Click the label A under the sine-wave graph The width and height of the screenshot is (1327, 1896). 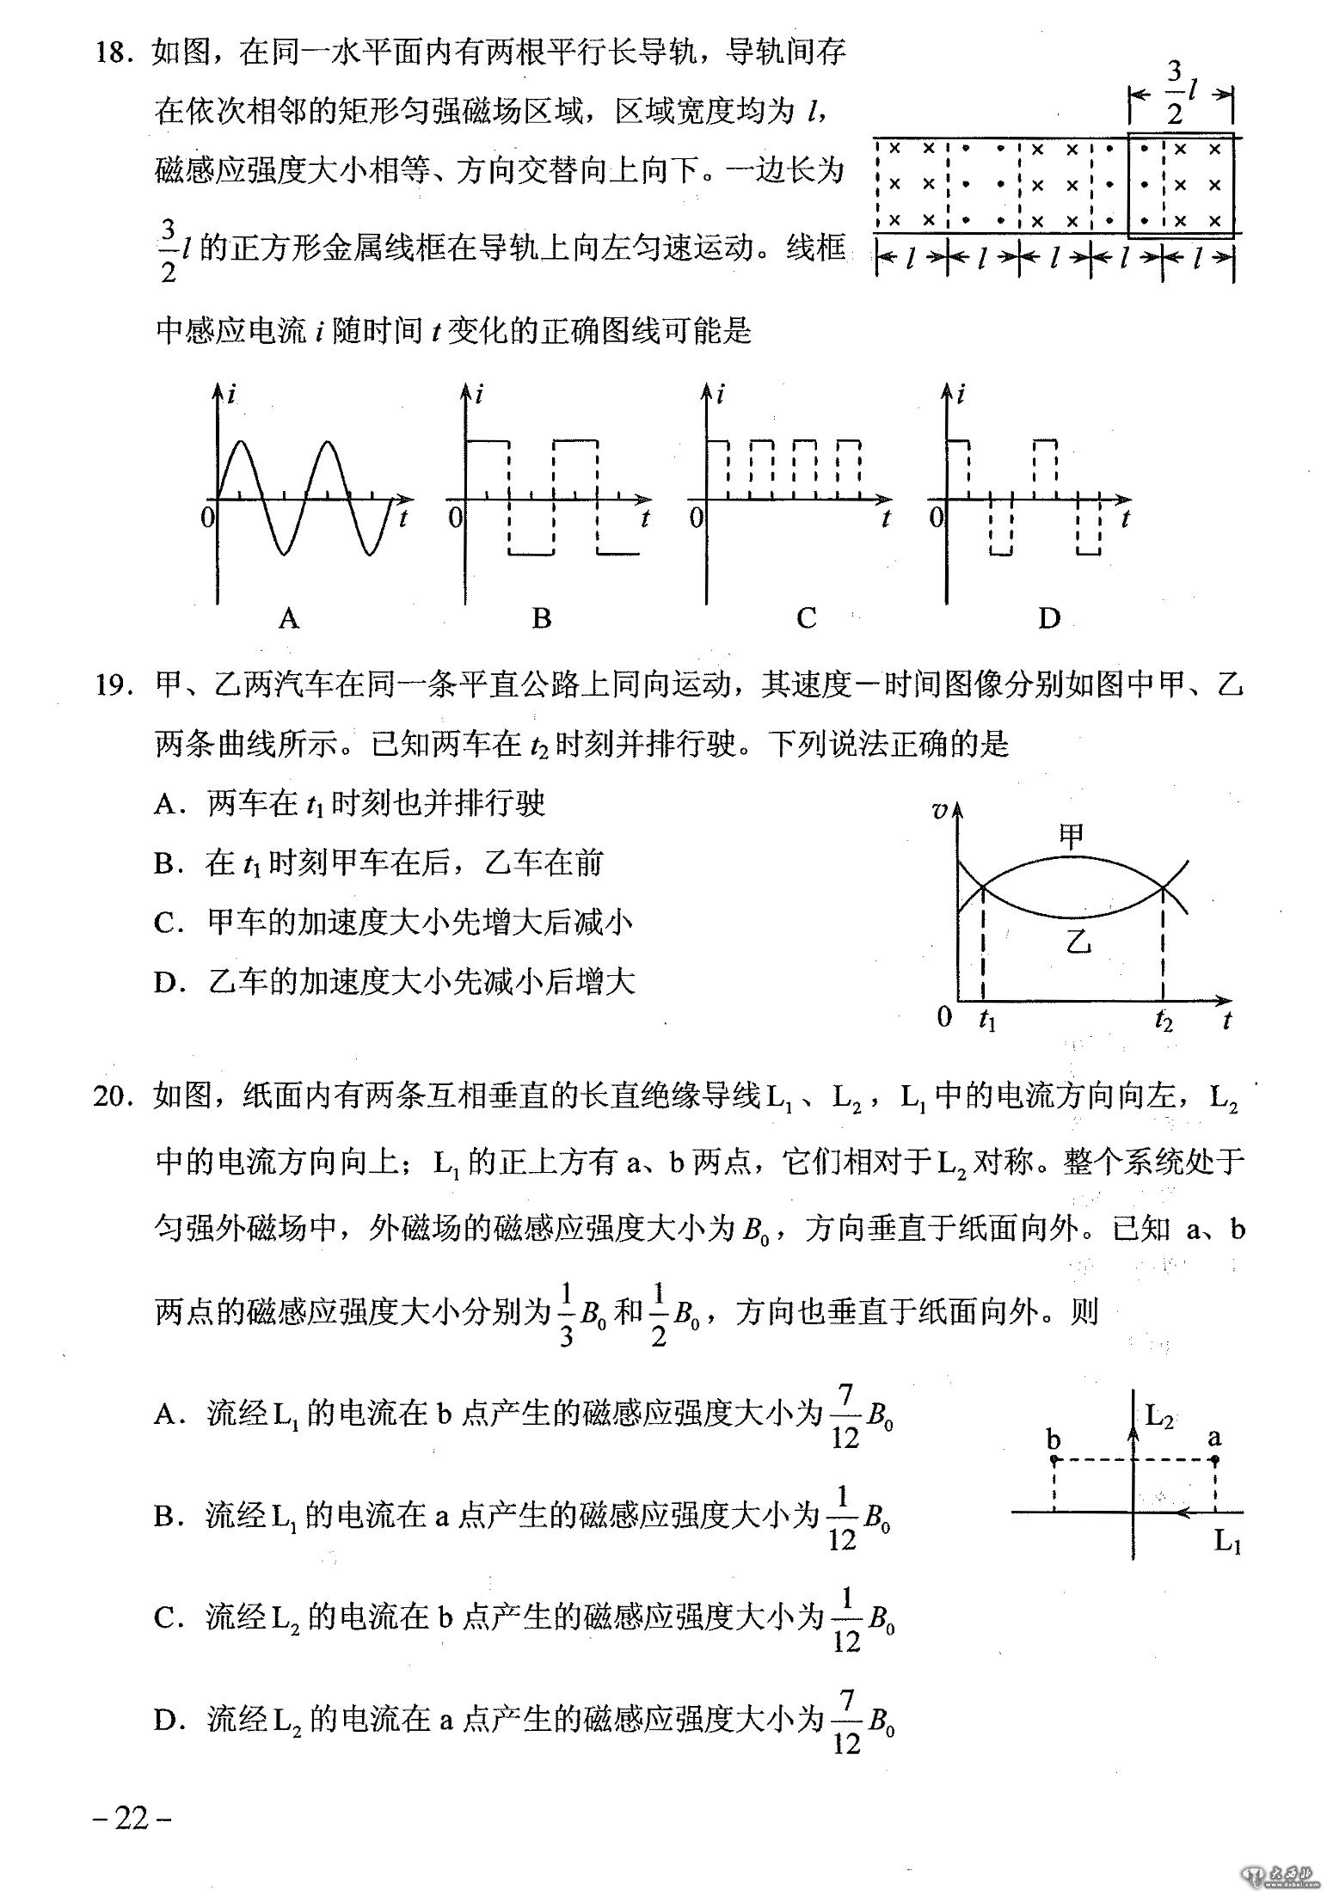(x=289, y=617)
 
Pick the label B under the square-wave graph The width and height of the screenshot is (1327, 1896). (x=541, y=617)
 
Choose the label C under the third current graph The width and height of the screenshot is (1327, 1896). (x=806, y=617)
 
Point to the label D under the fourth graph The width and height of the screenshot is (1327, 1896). (x=1048, y=617)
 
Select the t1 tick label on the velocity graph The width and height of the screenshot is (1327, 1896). (x=986, y=1021)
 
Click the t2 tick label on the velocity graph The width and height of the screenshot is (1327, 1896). (x=1164, y=1021)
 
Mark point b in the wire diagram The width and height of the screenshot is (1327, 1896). (x=1054, y=1459)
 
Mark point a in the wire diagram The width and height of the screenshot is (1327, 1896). (x=1214, y=1459)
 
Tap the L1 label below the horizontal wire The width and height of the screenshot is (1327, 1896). (x=1227, y=1540)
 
